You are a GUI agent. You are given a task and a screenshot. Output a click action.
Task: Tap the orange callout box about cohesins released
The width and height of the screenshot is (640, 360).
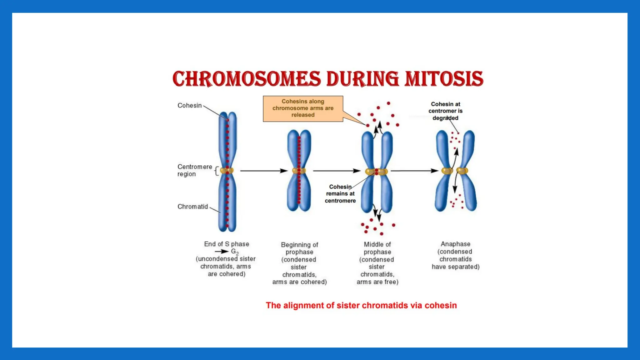pyautogui.click(x=303, y=108)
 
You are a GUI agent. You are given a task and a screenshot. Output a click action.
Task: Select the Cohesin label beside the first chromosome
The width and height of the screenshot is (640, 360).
pyautogui.click(x=189, y=106)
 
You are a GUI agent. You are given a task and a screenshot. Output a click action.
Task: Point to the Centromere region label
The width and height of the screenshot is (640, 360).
pyautogui.click(x=194, y=170)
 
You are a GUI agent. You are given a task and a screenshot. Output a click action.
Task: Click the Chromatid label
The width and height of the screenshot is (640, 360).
pyautogui.click(x=192, y=207)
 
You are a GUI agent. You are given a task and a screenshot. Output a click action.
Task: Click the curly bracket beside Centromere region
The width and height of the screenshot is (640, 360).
pyautogui.click(x=217, y=171)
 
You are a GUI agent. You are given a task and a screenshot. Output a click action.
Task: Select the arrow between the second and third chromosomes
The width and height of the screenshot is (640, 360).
pyautogui.click(x=337, y=171)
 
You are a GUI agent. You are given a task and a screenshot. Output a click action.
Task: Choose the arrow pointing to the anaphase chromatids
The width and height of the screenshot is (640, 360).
pyautogui.click(x=414, y=171)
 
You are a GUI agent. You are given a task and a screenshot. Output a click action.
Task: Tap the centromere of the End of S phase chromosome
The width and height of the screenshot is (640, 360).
pyautogui.click(x=227, y=171)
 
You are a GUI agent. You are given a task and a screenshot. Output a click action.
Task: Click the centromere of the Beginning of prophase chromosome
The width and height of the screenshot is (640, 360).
pyautogui.click(x=299, y=171)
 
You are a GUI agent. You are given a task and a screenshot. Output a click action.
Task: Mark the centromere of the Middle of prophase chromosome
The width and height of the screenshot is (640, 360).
pyautogui.click(x=377, y=171)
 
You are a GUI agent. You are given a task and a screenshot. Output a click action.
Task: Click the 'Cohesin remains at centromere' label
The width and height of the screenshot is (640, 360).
pyautogui.click(x=340, y=194)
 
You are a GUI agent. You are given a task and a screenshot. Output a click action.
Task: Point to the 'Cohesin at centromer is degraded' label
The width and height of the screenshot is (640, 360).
pyautogui.click(x=445, y=111)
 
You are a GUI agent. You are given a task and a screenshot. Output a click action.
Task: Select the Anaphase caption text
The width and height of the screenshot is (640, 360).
pyautogui.click(x=455, y=255)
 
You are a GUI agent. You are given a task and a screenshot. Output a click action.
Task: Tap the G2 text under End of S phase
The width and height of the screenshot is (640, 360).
pyautogui.click(x=235, y=252)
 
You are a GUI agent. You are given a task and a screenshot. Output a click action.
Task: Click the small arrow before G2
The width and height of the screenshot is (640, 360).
pyautogui.click(x=222, y=252)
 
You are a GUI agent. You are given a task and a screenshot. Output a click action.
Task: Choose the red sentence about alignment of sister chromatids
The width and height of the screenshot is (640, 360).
pyautogui.click(x=361, y=305)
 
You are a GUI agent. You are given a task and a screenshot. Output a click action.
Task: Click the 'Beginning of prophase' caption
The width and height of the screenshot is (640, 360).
pyautogui.click(x=299, y=248)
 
